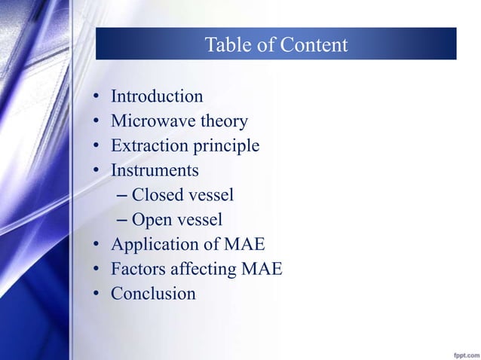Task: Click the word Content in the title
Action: (x=314, y=46)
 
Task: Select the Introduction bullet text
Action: (x=157, y=96)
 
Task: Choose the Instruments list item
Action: (x=155, y=170)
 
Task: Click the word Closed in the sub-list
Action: (x=155, y=195)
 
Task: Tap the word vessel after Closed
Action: (x=209, y=195)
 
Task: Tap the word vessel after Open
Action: (x=198, y=220)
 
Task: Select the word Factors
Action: (x=137, y=269)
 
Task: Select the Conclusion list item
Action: (x=153, y=294)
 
